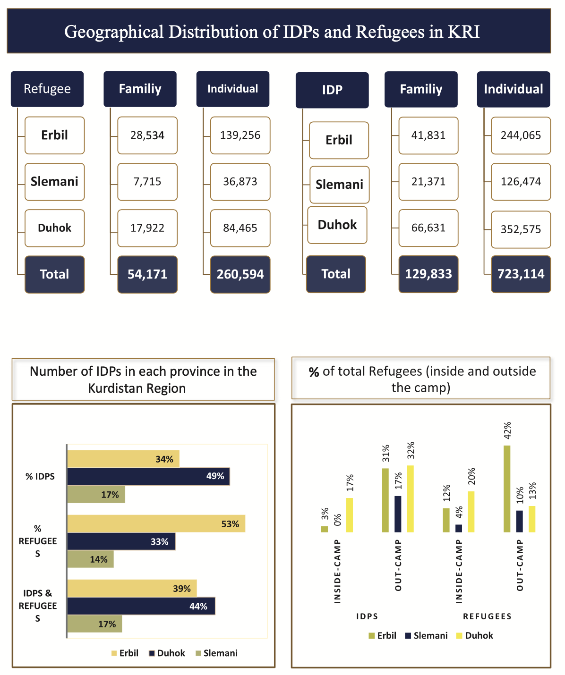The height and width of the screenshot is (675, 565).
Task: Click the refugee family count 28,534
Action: click(147, 135)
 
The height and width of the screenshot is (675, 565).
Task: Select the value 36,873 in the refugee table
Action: click(240, 182)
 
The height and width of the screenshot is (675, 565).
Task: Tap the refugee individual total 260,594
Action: click(240, 274)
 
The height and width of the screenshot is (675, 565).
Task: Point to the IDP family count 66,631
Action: click(428, 228)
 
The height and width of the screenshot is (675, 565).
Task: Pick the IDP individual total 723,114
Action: click(521, 274)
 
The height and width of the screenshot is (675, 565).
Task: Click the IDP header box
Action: click(332, 90)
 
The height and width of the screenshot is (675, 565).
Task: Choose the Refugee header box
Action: click(47, 89)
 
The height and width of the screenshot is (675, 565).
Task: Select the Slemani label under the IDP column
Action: click(339, 185)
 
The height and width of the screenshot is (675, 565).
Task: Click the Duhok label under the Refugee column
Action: click(54, 228)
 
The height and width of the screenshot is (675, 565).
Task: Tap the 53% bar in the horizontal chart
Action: click(156, 523)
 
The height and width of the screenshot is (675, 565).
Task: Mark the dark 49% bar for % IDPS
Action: click(148, 476)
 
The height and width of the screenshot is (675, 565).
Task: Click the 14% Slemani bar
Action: click(90, 559)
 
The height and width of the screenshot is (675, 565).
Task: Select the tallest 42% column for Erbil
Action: click(507, 489)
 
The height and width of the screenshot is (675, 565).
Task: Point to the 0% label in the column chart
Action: click(338, 520)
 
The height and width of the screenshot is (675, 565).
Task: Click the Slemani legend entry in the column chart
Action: click(426, 635)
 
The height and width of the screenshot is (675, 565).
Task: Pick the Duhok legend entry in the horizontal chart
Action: click(167, 653)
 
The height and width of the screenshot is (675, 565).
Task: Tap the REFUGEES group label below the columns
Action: click(487, 616)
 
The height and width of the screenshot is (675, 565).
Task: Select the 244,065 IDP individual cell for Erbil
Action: click(521, 135)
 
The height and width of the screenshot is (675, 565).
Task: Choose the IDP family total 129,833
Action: click(428, 274)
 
